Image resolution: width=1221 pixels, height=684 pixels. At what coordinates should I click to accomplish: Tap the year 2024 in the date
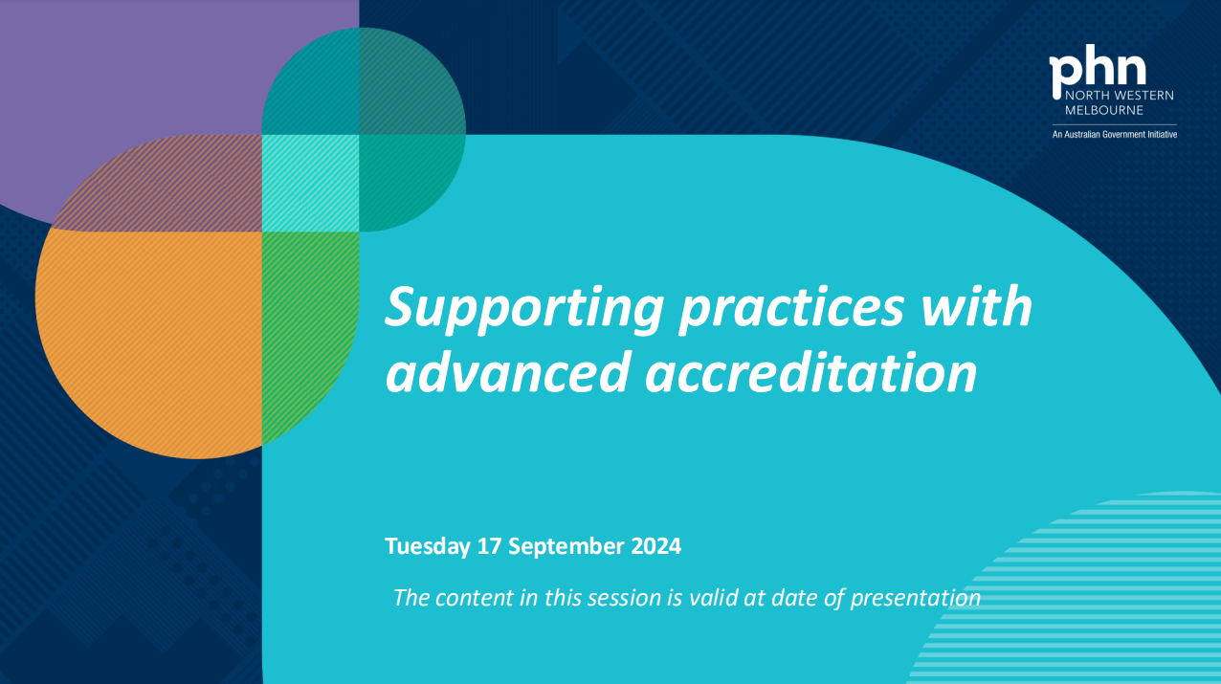(656, 546)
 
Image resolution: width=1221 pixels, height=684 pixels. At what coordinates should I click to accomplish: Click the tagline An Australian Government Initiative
(1115, 135)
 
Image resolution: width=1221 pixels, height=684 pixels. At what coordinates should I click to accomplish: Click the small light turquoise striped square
(310, 183)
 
